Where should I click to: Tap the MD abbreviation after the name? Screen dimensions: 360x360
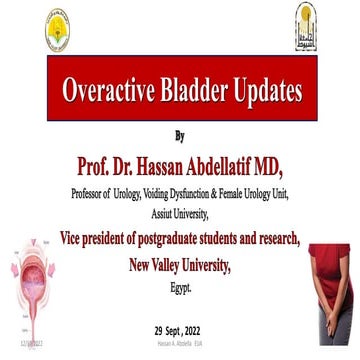294,161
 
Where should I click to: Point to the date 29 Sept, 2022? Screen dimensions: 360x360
181,329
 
